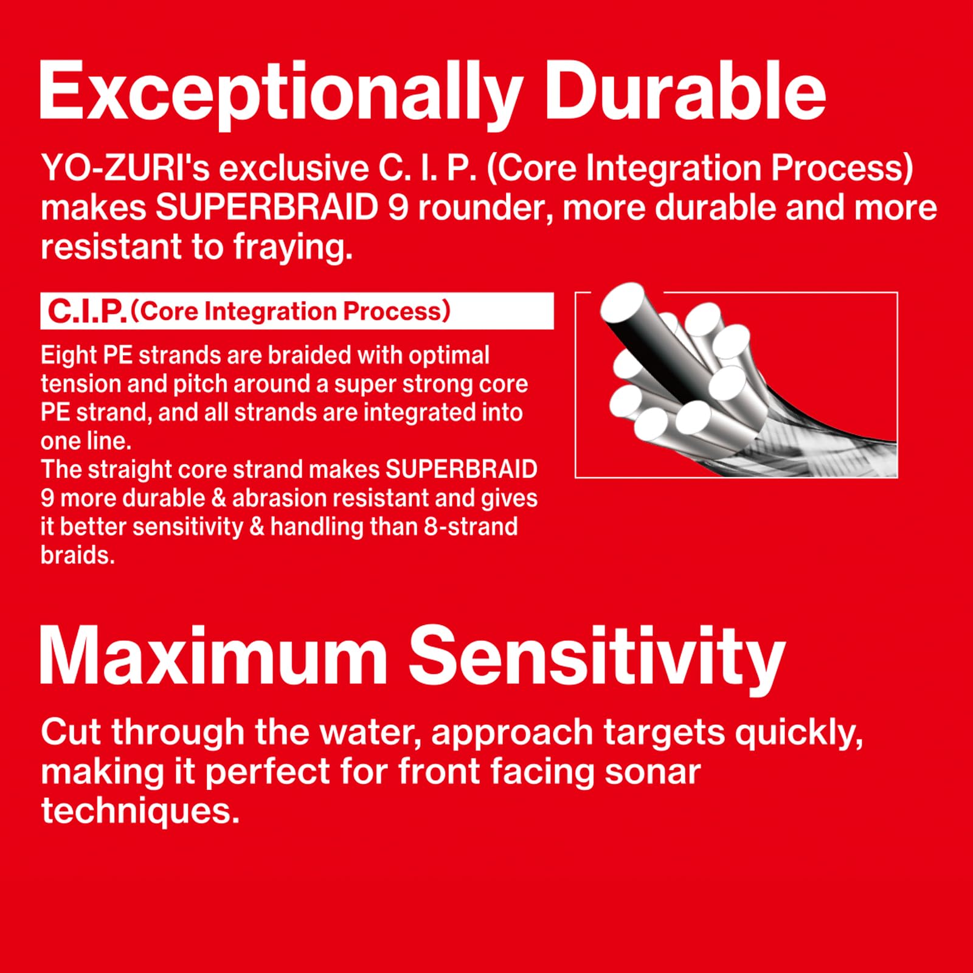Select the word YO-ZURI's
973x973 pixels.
click(x=125, y=168)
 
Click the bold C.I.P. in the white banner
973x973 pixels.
click(x=87, y=311)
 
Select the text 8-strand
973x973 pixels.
click(x=471, y=527)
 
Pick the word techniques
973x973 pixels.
click(x=140, y=811)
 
